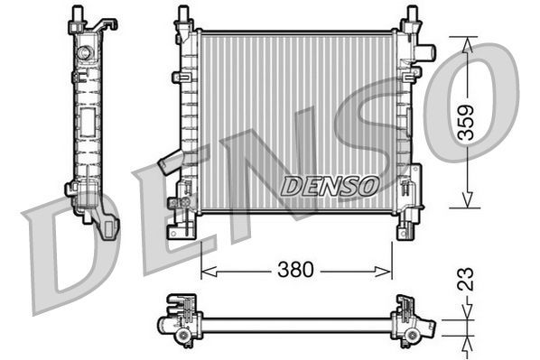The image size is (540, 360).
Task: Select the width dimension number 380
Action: pos(295,269)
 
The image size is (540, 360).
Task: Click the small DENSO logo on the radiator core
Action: pos(329,186)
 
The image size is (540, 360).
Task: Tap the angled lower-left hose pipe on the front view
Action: pos(171,162)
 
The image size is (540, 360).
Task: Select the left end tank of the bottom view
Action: pos(183,321)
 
